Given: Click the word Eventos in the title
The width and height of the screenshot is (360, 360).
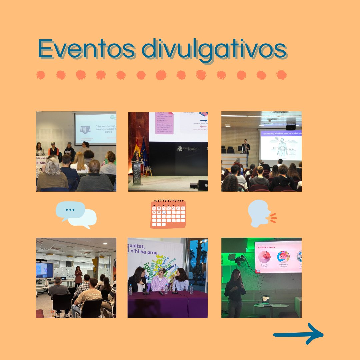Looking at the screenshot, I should [87, 49].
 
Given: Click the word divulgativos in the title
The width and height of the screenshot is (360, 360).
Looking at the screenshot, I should [214, 50].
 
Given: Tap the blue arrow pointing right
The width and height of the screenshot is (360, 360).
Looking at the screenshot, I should [298, 333].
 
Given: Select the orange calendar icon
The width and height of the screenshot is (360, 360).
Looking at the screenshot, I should [168, 214].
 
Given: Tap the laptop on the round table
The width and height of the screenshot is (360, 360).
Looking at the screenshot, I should [266, 300].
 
